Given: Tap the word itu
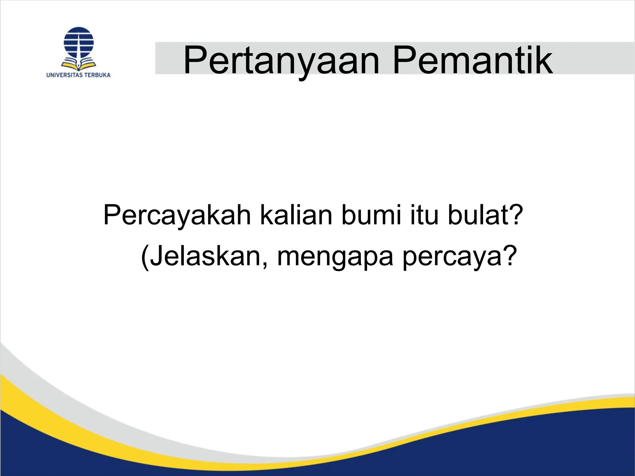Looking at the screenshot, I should pyautogui.click(x=424, y=215).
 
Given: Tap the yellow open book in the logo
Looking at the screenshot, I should pyautogui.click(x=78, y=64).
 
